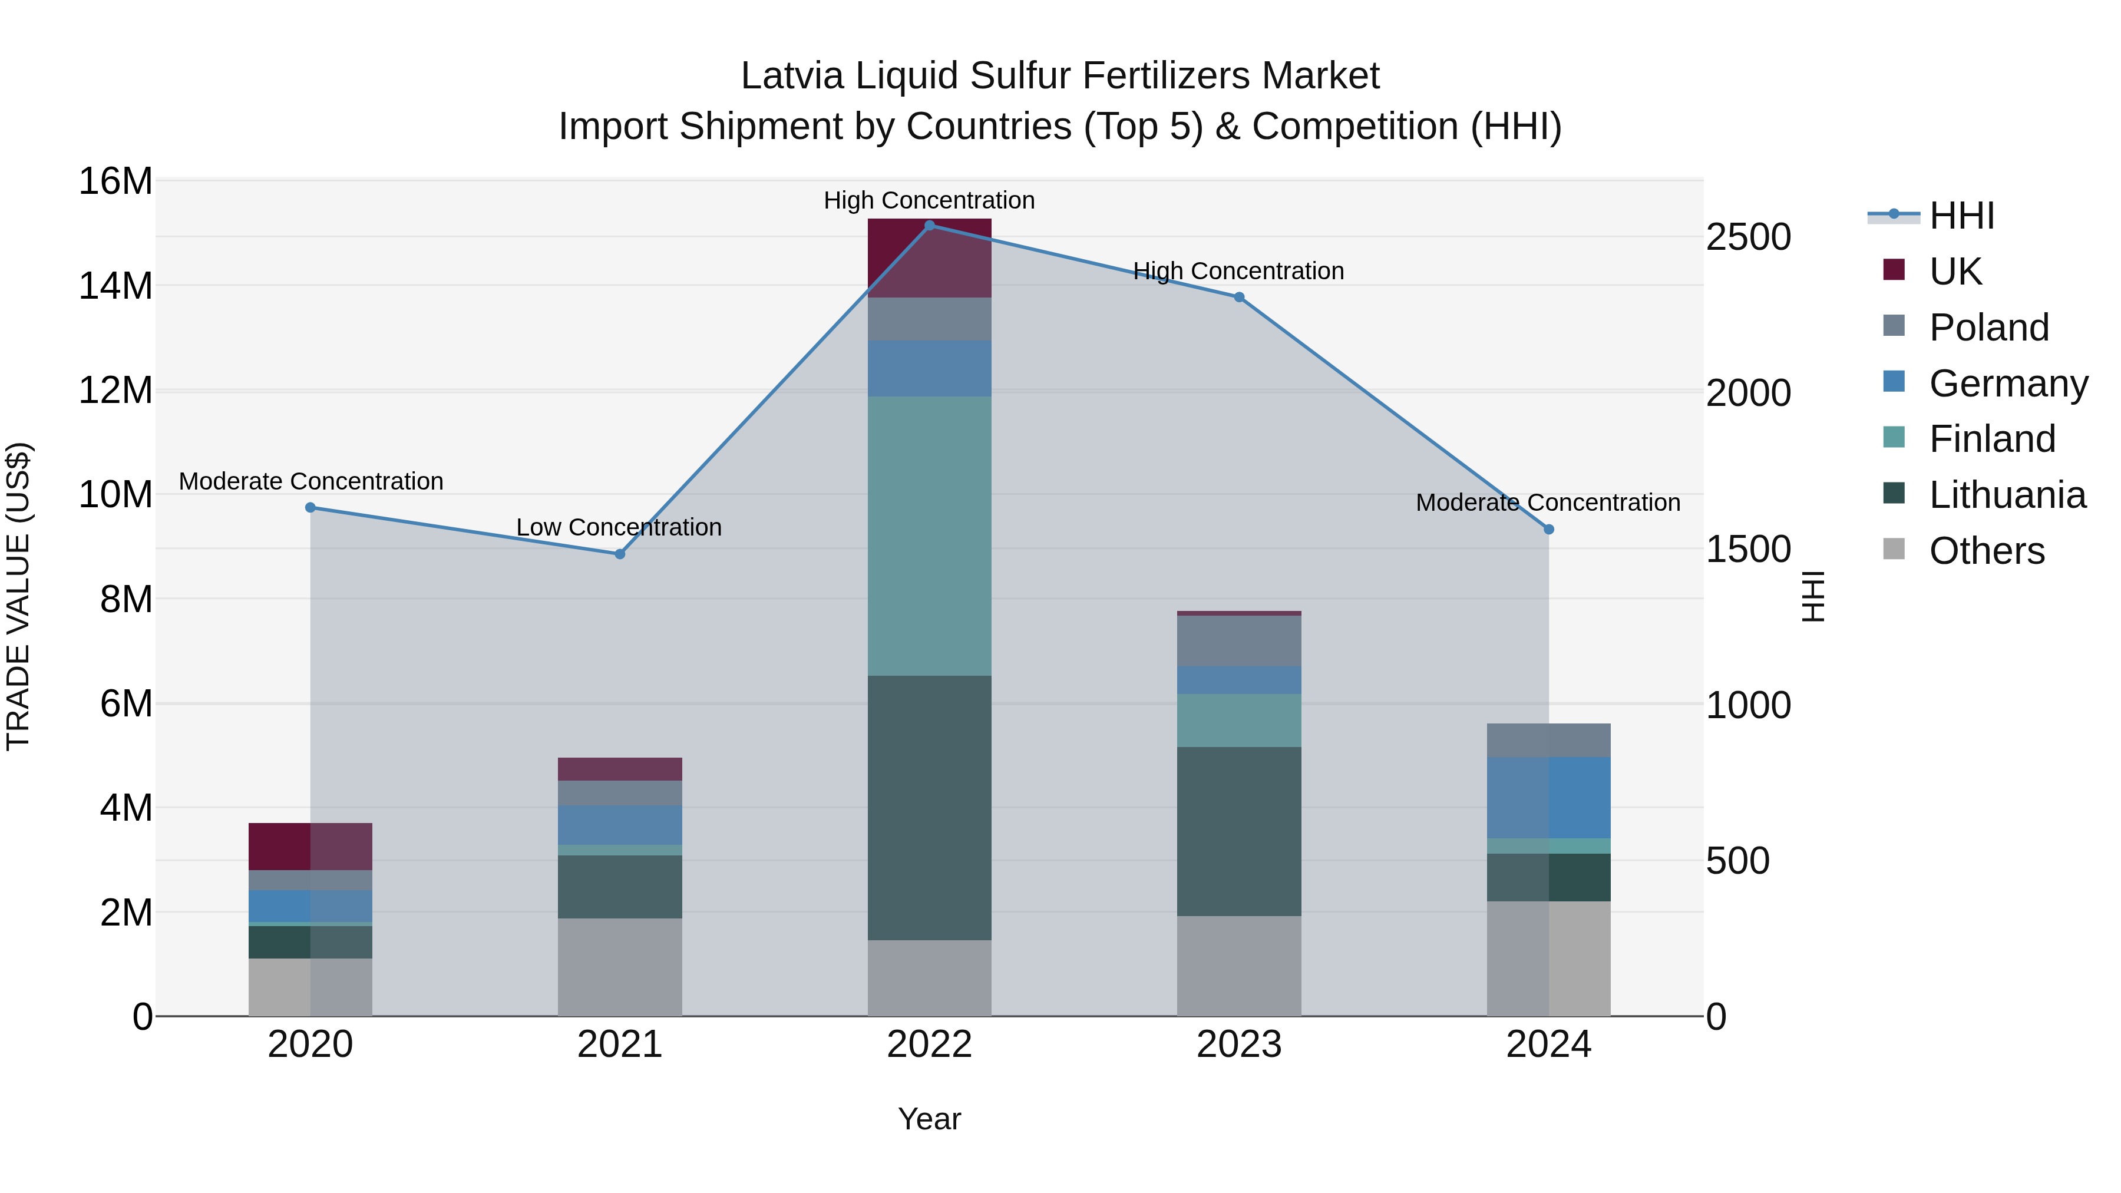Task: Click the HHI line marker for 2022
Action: point(930,225)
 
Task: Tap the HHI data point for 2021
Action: point(620,554)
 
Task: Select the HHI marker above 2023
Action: point(1239,298)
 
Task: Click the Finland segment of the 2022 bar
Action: point(930,536)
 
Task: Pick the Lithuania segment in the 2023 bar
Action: point(1239,831)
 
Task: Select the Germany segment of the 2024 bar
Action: point(1549,798)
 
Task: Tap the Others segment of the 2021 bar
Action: point(620,967)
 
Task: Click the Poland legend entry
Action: point(1988,328)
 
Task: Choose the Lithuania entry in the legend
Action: point(2007,495)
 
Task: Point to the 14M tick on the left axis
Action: point(115,286)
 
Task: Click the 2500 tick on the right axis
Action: point(1748,237)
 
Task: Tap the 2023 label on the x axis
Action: point(1239,1045)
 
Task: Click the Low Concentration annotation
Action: point(619,527)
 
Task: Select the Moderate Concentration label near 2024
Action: point(1548,502)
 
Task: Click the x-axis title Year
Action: point(930,1119)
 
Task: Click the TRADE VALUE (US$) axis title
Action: point(18,597)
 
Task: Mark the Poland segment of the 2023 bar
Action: point(1239,640)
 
